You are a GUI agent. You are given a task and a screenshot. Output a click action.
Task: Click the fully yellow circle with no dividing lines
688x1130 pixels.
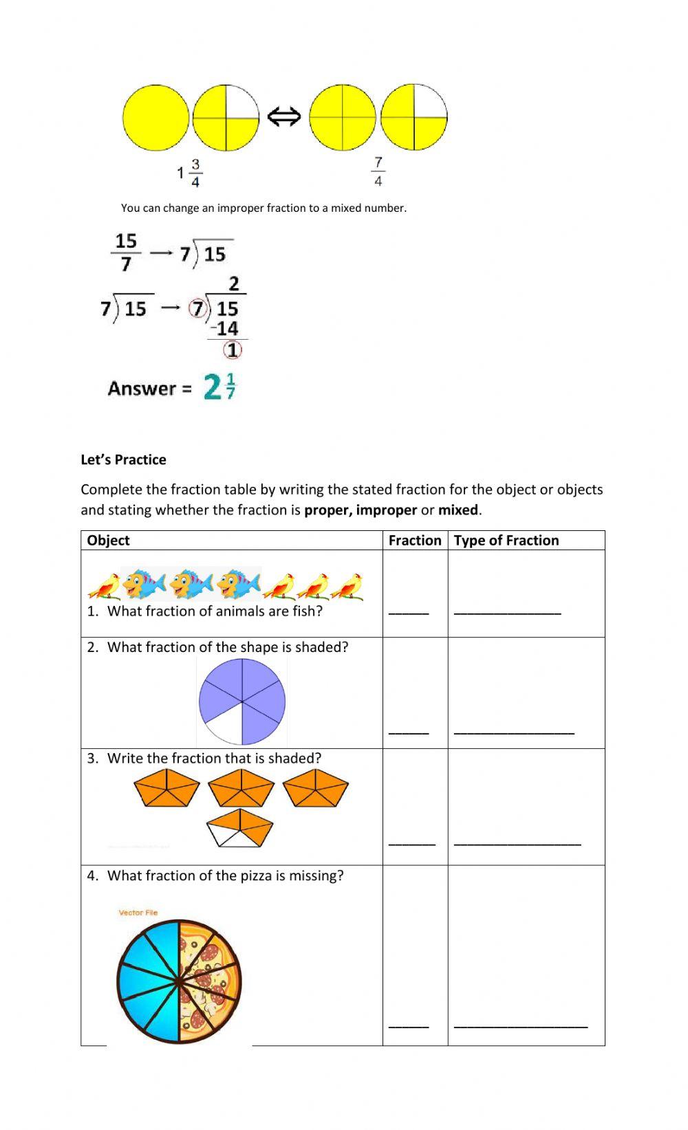[x=155, y=118]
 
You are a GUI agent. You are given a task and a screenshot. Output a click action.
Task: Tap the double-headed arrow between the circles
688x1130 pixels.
[x=284, y=117]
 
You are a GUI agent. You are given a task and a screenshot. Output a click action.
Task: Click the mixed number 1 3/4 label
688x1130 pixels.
[x=190, y=173]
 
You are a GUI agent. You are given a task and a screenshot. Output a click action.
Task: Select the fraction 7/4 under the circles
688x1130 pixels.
[x=378, y=171]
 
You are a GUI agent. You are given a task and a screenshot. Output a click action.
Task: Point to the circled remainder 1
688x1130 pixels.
[x=233, y=350]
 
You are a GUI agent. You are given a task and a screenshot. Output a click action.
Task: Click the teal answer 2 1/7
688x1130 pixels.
[x=219, y=387]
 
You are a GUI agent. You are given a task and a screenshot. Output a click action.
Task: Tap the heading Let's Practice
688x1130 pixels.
[x=123, y=459]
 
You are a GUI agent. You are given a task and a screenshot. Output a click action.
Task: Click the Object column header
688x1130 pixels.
[x=108, y=540]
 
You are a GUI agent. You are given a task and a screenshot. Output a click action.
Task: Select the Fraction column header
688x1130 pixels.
[x=414, y=540]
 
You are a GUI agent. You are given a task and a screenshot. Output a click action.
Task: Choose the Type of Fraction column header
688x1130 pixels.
[x=506, y=540]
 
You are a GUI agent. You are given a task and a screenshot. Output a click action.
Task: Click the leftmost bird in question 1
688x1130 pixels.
[x=104, y=586]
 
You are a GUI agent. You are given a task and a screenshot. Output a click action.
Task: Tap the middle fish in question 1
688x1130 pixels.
[x=192, y=583]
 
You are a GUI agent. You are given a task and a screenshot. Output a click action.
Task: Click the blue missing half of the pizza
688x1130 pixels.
[x=147, y=981]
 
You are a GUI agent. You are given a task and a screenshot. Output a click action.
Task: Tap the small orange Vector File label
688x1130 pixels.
[x=138, y=913]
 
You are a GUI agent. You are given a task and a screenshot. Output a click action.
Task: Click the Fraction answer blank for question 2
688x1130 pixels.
[x=409, y=732]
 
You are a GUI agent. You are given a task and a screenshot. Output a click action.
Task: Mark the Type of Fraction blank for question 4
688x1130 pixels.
[x=521, y=1025]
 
